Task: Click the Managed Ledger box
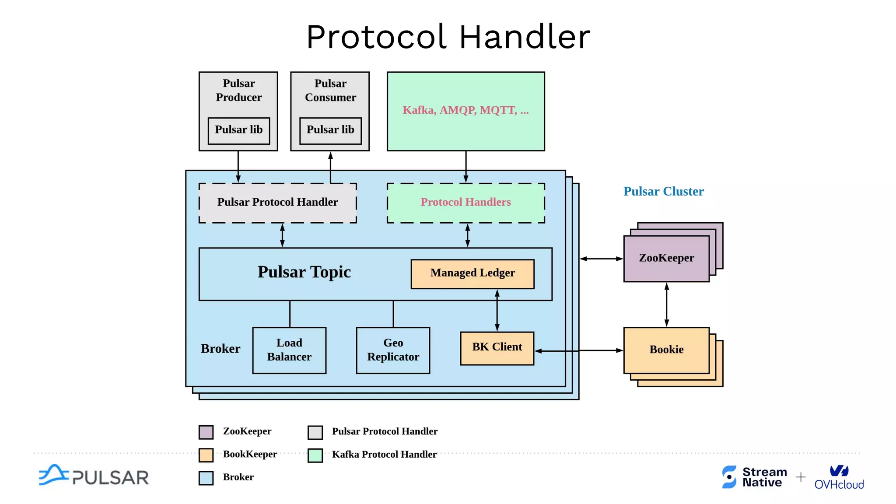tap(472, 274)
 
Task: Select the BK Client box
tap(497, 348)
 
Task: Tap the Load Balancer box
tap(289, 350)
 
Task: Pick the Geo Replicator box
tap(393, 350)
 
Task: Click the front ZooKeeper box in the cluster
tap(666, 259)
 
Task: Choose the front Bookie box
tap(666, 350)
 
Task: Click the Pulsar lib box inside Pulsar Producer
tap(239, 130)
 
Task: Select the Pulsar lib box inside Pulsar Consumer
tap(330, 130)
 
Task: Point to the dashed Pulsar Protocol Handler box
tap(277, 203)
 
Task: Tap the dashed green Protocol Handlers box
tap(465, 203)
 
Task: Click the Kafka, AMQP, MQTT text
tap(465, 110)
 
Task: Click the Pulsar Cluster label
tap(663, 192)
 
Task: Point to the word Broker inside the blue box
tap(220, 349)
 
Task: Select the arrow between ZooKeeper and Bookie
tap(666, 304)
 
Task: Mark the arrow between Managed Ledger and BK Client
tap(497, 310)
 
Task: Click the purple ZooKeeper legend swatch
tap(206, 432)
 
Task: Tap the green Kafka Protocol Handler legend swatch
tap(315, 455)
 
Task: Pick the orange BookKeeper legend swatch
tap(206, 455)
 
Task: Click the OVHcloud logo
tap(839, 477)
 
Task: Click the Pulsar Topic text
tap(304, 272)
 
